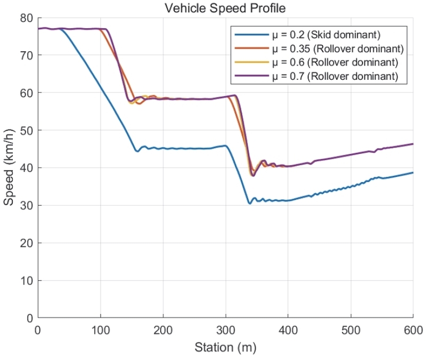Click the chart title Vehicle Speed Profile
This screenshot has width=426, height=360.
coord(225,8)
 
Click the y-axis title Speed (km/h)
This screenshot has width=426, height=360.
coord(9,168)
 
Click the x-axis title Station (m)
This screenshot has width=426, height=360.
coord(225,349)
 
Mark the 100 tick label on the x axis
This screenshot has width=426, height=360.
coord(100,330)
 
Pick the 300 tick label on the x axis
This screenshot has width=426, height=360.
coord(225,330)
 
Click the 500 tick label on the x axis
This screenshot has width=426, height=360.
coord(350,330)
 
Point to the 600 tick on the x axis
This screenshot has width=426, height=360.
coord(413,330)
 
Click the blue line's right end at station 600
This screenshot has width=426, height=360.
coord(413,173)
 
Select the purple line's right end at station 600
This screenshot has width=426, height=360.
coord(413,144)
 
